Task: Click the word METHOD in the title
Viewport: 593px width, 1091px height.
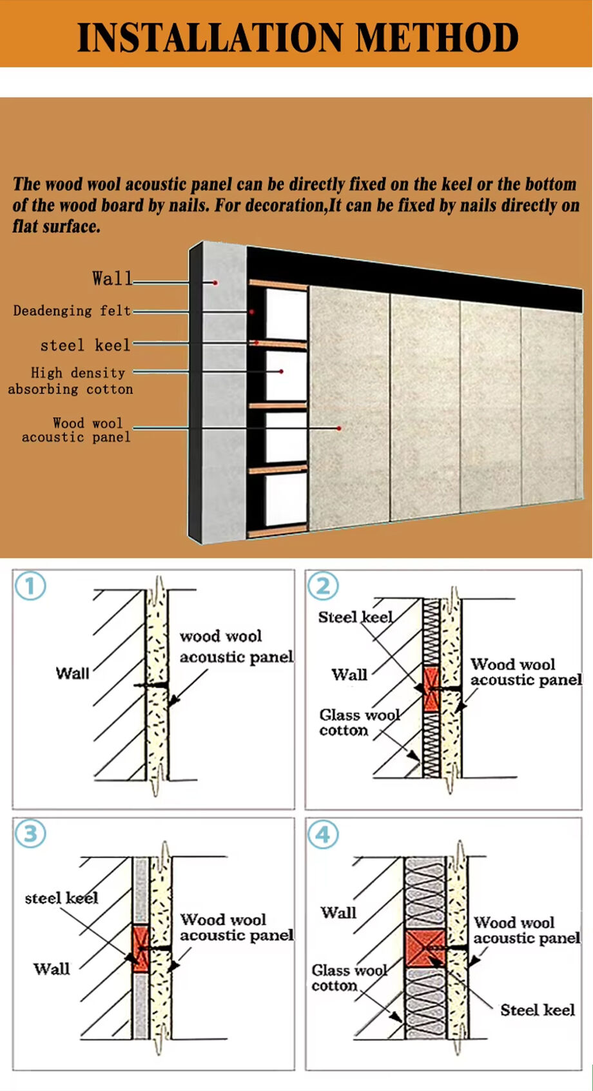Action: point(437,37)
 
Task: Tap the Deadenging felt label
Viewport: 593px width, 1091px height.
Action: point(72,311)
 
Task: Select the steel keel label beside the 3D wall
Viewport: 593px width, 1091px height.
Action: point(85,345)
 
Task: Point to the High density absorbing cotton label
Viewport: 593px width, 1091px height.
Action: point(70,381)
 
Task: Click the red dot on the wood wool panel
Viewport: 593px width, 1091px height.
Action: point(338,428)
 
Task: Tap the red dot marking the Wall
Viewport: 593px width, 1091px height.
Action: point(215,282)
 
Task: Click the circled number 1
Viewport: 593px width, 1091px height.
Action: point(30,586)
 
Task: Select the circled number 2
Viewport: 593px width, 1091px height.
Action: point(322,586)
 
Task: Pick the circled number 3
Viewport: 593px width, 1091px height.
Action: point(30,834)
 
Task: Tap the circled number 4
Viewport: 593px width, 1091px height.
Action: point(322,835)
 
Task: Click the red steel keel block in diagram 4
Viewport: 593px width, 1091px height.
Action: point(425,948)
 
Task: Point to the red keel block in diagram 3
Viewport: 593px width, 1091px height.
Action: point(141,949)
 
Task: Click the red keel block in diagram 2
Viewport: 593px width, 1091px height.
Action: point(431,689)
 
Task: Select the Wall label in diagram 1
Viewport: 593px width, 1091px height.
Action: point(73,673)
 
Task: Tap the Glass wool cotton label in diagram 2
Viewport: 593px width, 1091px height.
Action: point(360,722)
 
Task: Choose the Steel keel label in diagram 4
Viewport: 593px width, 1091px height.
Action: point(538,1010)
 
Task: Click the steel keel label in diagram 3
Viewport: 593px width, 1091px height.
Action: point(61,898)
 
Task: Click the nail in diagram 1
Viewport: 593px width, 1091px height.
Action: point(151,685)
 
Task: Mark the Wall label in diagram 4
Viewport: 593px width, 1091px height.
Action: point(338,912)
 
